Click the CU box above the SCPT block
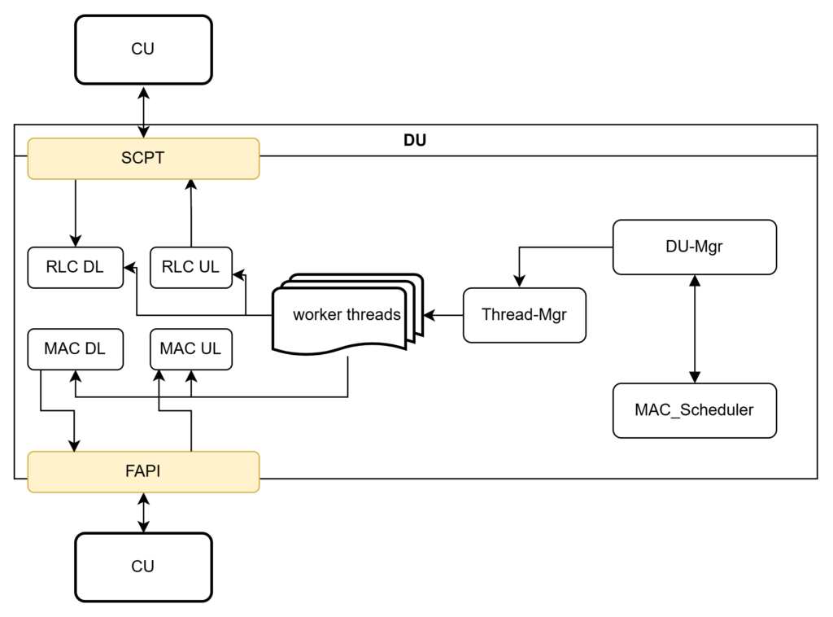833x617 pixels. pyautogui.click(x=143, y=50)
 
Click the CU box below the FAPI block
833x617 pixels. pyautogui.click(x=143, y=567)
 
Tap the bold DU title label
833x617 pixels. pyautogui.click(x=415, y=140)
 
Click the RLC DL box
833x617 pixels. pyautogui.click(x=75, y=268)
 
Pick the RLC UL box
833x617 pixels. pyautogui.click(x=190, y=268)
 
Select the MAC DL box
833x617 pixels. pyautogui.click(x=75, y=349)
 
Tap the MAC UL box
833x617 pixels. pyautogui.click(x=190, y=349)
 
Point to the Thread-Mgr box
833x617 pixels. pyautogui.click(x=524, y=315)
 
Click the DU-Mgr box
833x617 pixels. pyautogui.click(x=694, y=247)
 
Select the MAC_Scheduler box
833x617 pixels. pyautogui.click(x=694, y=410)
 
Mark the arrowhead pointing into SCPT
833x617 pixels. pyautogui.click(x=143, y=132)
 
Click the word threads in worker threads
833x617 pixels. pyautogui.click(x=374, y=315)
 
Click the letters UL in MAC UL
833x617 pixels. pyautogui.click(x=210, y=349)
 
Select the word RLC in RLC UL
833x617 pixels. pyautogui.click(x=177, y=268)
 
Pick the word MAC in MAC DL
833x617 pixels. pyautogui.click(x=62, y=349)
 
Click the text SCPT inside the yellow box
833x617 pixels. pyautogui.click(x=143, y=159)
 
